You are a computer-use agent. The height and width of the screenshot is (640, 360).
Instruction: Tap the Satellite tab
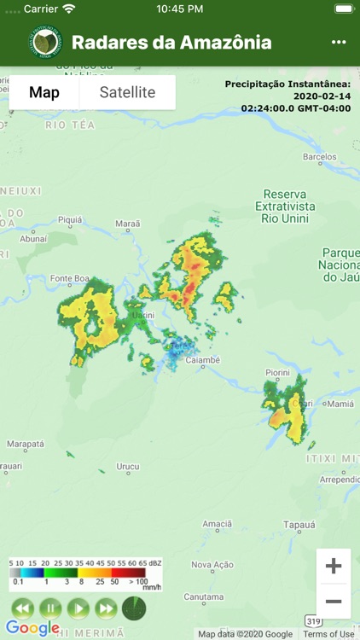[127, 92]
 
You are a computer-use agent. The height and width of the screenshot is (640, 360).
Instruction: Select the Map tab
[44, 92]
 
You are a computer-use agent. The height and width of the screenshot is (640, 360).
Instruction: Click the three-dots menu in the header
[339, 43]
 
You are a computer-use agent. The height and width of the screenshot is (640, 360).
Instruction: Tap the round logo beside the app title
[44, 43]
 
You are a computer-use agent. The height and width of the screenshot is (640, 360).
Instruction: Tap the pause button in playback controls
[50, 608]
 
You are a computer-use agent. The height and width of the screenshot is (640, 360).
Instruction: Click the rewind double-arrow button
[22, 608]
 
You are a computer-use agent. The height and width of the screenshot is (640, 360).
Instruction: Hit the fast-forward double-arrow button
[106, 608]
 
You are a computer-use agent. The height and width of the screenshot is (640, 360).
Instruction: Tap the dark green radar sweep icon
[134, 608]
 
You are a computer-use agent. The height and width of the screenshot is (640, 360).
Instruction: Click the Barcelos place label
[320, 157]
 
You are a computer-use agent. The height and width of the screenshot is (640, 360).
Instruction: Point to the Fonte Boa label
[70, 278]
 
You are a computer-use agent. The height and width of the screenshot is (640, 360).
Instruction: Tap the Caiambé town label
[202, 360]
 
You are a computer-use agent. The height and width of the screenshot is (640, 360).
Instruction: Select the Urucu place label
[127, 466]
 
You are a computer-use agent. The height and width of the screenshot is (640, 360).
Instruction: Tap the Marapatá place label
[25, 444]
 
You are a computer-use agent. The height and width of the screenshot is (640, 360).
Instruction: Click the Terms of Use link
[328, 634]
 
